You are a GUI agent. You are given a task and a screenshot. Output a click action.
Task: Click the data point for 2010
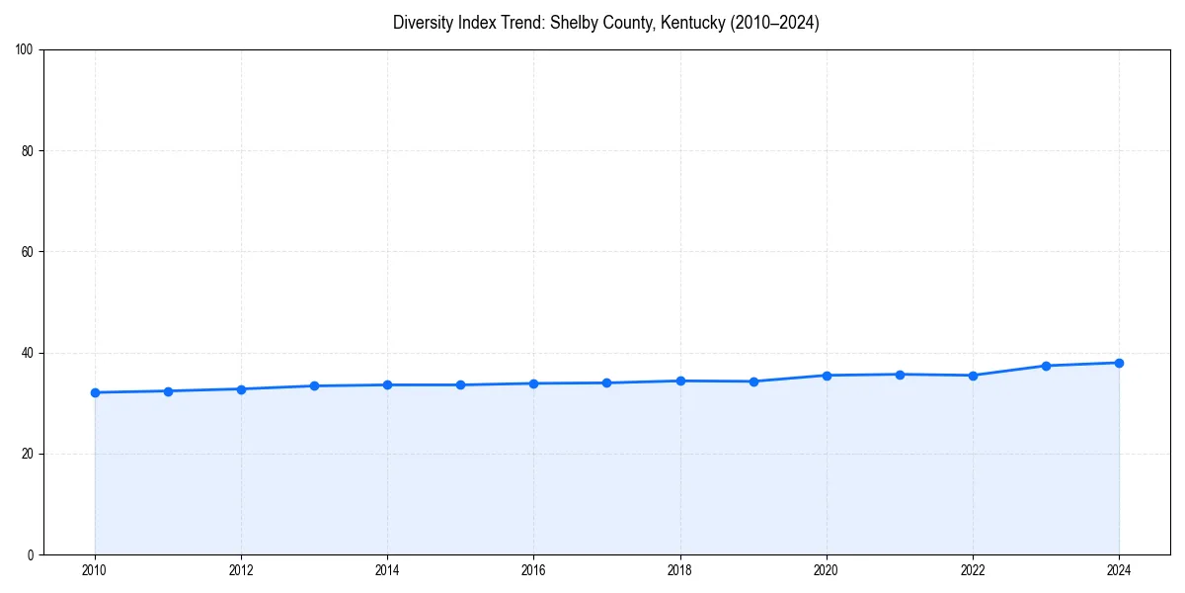95,392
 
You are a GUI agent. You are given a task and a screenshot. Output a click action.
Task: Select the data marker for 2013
314,385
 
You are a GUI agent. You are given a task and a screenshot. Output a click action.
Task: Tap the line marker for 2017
606,382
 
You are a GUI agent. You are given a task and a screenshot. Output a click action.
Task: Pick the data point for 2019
753,381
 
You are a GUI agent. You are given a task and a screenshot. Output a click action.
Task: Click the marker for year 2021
900,375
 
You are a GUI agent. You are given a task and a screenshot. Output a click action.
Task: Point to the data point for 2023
1046,366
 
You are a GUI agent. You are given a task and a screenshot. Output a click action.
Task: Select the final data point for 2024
1119,363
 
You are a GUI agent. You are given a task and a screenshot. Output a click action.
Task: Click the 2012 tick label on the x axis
241,570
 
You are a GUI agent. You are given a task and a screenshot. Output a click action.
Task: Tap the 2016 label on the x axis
533,570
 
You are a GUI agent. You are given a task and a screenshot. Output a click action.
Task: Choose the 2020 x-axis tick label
827,570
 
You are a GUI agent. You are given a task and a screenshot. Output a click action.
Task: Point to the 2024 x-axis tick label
1119,570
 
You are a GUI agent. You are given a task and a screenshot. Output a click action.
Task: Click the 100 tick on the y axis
26,50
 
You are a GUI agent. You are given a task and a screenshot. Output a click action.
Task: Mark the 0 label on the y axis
32,554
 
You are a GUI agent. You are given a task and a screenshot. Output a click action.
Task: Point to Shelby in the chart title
572,23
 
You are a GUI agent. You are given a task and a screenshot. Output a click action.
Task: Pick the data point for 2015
460,384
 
